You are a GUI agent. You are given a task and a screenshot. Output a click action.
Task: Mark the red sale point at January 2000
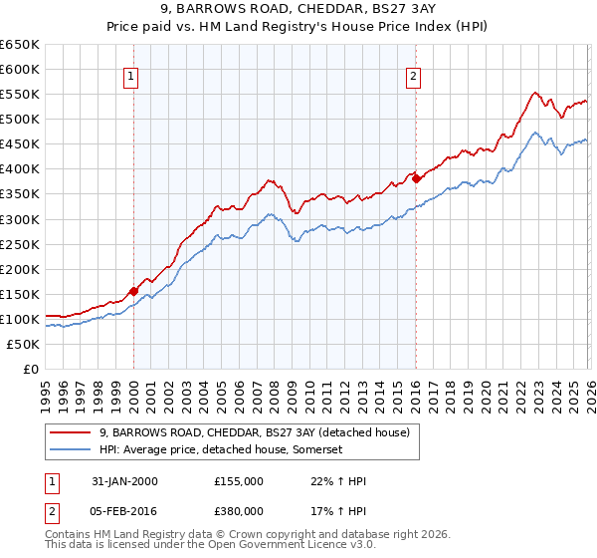click(133, 291)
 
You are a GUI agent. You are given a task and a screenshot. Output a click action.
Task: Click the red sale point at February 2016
click(415, 178)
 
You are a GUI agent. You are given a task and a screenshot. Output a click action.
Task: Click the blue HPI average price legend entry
click(221, 450)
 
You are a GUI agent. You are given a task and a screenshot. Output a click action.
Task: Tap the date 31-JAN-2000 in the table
click(119, 481)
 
